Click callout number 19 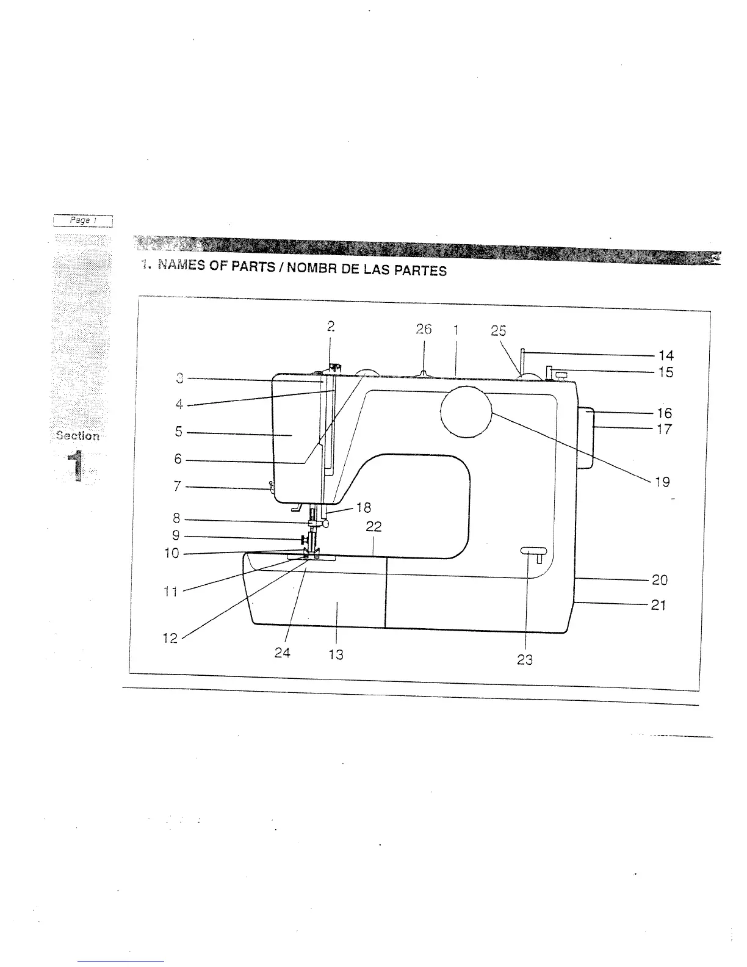pyautogui.click(x=662, y=482)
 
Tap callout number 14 pyautogui.click(x=666, y=355)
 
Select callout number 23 pyautogui.click(x=525, y=660)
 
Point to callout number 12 pyautogui.click(x=170, y=638)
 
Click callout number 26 pyautogui.click(x=424, y=330)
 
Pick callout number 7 pyautogui.click(x=178, y=487)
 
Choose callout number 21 pyautogui.click(x=658, y=606)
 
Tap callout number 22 pyautogui.click(x=374, y=527)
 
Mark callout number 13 pyautogui.click(x=336, y=654)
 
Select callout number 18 pyautogui.click(x=363, y=508)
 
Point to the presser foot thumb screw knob pyautogui.click(x=302, y=540)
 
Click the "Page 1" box pyautogui.click(x=83, y=220)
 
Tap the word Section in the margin pyautogui.click(x=78, y=436)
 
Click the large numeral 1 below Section pyautogui.click(x=77, y=465)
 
